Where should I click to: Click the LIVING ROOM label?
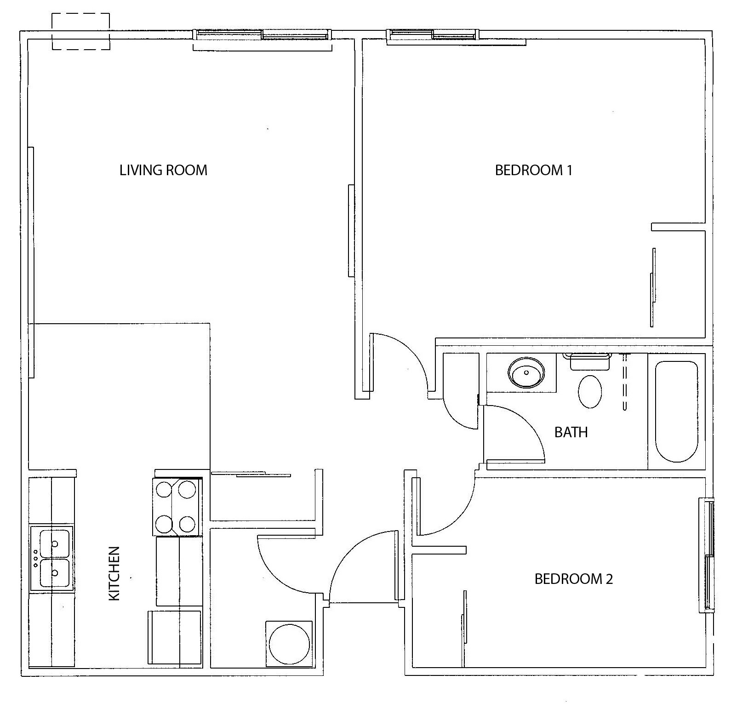pos(163,170)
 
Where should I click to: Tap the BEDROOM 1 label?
pos(533,170)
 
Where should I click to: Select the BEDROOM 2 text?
pos(573,578)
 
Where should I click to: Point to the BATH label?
pos(571,432)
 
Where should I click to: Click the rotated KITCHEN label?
pos(114,573)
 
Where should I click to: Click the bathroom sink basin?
pos(526,372)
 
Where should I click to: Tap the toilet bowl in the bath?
pos(590,391)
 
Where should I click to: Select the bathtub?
pos(676,412)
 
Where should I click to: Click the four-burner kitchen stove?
pos(177,507)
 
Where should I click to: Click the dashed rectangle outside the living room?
pos(80,31)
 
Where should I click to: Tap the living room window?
pos(262,34)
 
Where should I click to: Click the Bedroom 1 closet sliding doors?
pos(653,288)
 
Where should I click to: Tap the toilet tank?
pos(589,361)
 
